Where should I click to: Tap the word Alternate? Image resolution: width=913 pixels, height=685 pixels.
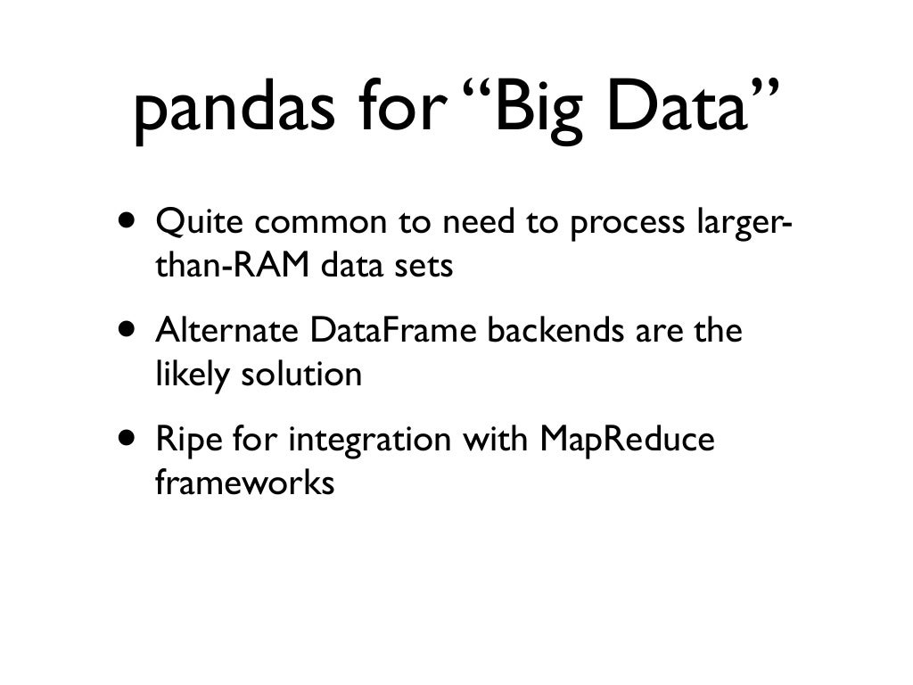tap(227, 332)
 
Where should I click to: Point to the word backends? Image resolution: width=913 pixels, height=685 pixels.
tap(558, 332)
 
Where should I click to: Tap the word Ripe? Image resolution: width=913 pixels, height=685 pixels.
tap(187, 442)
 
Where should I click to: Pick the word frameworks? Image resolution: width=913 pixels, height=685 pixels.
tap(244, 485)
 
